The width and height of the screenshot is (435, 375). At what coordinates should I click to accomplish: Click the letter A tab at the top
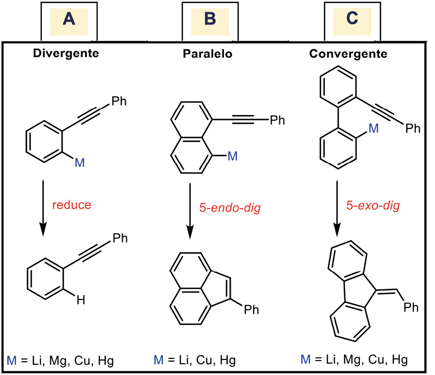click(69, 19)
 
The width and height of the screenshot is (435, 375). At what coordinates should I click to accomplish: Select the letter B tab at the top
click(209, 19)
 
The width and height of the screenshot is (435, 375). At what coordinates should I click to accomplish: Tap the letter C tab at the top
click(351, 19)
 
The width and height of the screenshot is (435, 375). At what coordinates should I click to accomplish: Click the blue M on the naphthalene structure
click(232, 156)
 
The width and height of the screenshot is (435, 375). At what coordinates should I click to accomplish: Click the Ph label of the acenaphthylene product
click(251, 310)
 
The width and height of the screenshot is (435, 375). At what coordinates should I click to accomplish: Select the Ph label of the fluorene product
click(412, 308)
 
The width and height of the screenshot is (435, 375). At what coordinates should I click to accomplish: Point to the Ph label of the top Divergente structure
click(119, 100)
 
